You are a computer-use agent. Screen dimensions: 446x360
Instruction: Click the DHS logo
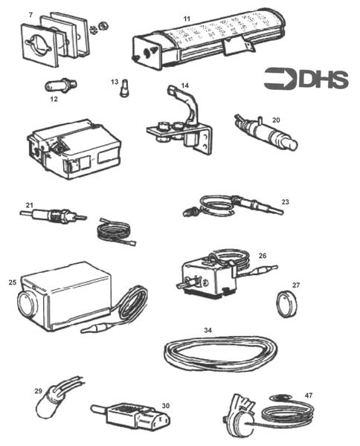coord(306,77)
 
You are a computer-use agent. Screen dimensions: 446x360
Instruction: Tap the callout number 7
coord(30,14)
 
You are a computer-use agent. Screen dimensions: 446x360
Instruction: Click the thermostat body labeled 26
coord(205,278)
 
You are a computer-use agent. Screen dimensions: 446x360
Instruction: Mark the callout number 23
coord(286,201)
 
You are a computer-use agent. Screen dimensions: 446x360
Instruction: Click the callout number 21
coord(30,205)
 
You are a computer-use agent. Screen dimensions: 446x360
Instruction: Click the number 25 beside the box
coord(13,283)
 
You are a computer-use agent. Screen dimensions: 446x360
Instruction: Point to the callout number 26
coord(263,256)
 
